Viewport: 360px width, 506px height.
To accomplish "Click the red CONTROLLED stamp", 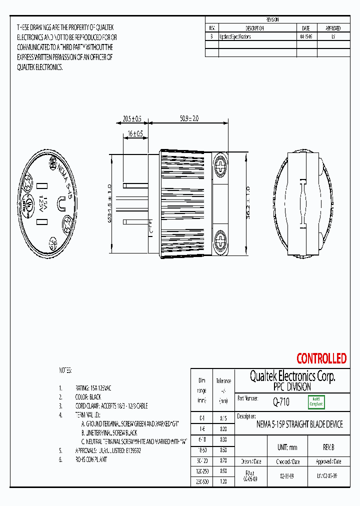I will tap(321, 358).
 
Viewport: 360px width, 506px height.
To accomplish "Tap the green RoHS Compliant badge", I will tap(316, 401).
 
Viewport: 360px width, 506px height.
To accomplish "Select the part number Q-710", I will tap(281, 401).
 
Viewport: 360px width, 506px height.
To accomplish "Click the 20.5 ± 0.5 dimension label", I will tap(132, 119).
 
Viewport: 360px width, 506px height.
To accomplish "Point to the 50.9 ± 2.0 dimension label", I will tap(189, 119).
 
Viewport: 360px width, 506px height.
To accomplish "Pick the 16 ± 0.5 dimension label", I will tap(135, 134).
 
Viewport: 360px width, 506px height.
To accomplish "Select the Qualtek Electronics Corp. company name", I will tap(292, 376).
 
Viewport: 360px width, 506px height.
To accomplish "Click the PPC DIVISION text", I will tap(292, 387).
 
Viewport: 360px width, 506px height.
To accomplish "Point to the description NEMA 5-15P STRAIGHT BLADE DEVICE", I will tap(299, 424).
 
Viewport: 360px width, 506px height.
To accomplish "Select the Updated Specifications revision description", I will tap(235, 37).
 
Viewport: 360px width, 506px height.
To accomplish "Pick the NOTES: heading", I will tap(65, 370).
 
